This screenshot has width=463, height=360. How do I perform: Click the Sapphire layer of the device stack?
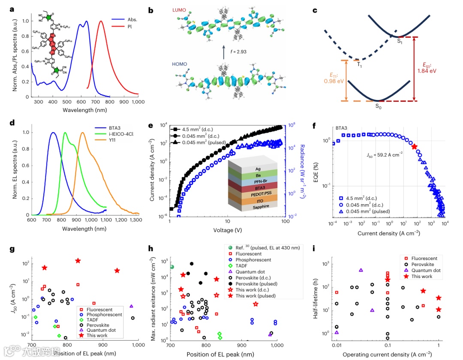coord(249,206)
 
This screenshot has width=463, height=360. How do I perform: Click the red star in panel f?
coord(414,147)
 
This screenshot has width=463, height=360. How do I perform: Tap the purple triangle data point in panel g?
coord(131,306)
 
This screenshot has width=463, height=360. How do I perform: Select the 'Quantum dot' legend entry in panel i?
coord(424,270)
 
